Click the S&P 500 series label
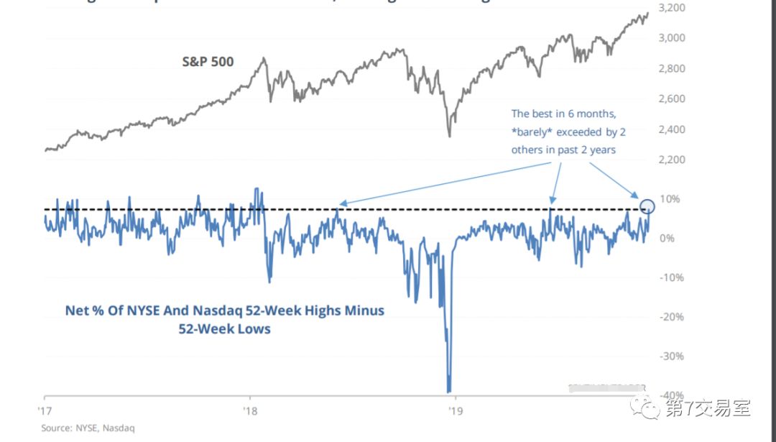point(208,62)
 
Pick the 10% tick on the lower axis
point(670,199)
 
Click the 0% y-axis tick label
point(668,239)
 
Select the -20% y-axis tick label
point(671,317)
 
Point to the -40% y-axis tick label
point(671,395)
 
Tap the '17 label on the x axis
point(45,410)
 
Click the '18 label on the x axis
point(249,410)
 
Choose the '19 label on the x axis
point(454,410)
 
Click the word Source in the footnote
point(55,428)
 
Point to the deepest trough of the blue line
point(449,390)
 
